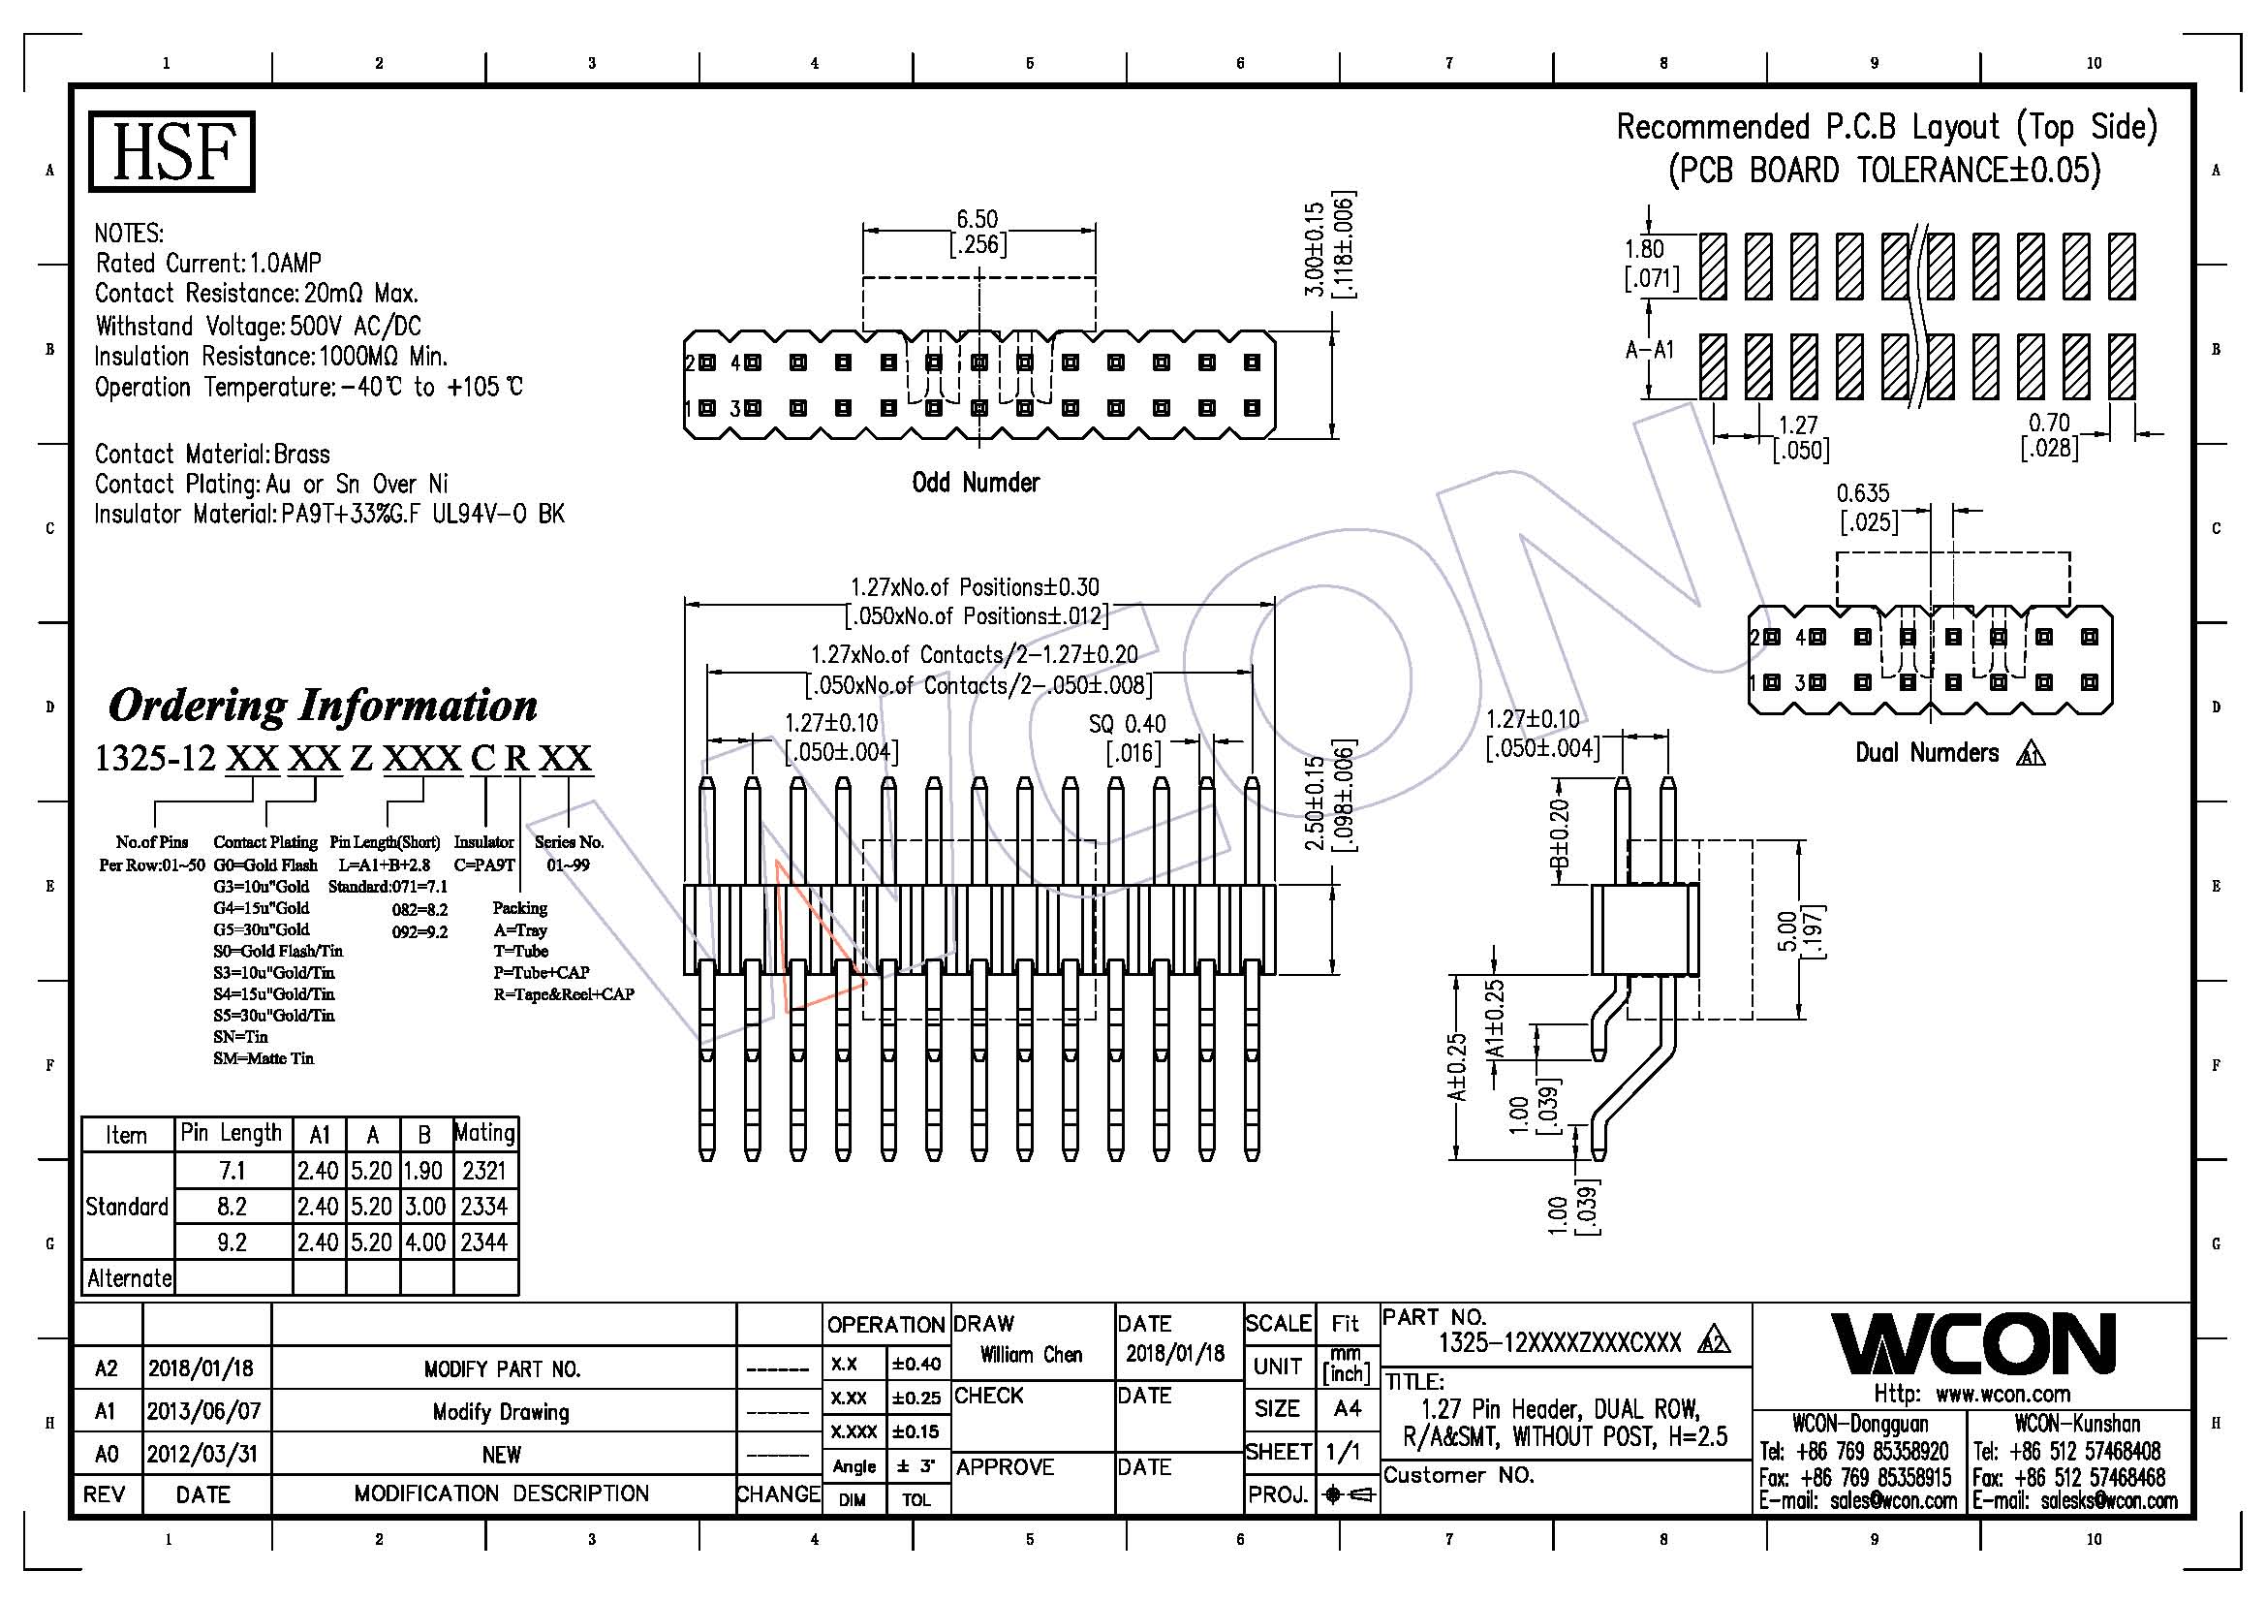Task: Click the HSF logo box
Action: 171,151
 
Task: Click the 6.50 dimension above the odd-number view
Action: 977,219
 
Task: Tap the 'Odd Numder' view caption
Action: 976,483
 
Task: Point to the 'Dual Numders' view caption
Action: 1926,753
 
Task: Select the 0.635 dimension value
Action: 1862,492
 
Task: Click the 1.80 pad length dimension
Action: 1644,249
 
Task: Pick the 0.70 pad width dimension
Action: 2049,423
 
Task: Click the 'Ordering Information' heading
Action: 323,705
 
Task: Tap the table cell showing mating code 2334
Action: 483,1207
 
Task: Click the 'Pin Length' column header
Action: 231,1133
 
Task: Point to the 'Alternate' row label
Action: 129,1278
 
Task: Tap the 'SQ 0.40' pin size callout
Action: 1126,724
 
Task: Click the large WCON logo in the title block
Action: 1972,1343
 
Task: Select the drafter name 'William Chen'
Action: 1031,1354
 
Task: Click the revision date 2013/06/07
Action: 203,1410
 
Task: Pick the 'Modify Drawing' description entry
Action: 502,1411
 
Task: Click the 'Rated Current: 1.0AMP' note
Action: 208,263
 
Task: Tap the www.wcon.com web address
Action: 2002,1394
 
